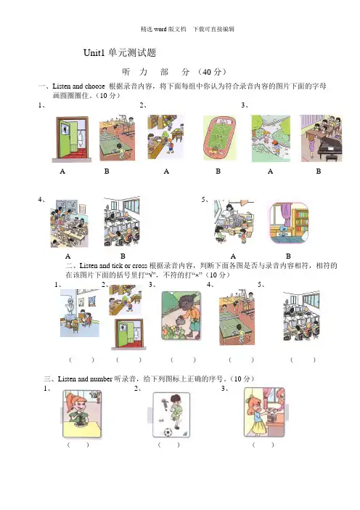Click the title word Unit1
[x=94, y=53]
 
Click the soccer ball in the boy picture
[x=168, y=432]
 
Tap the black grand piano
[x=330, y=148]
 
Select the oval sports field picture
[x=220, y=138]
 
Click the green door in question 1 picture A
[x=67, y=139]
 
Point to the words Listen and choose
[x=78, y=86]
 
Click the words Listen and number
[x=85, y=379]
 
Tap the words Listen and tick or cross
[x=113, y=265]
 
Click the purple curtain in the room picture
[x=286, y=215]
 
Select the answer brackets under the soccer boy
[x=168, y=445]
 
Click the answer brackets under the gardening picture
[x=183, y=360]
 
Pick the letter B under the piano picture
[x=319, y=171]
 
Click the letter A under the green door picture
[x=62, y=171]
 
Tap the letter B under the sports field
[x=218, y=171]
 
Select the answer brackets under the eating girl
[x=78, y=445]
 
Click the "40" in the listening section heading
[x=207, y=72]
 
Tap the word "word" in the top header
[x=160, y=29]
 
